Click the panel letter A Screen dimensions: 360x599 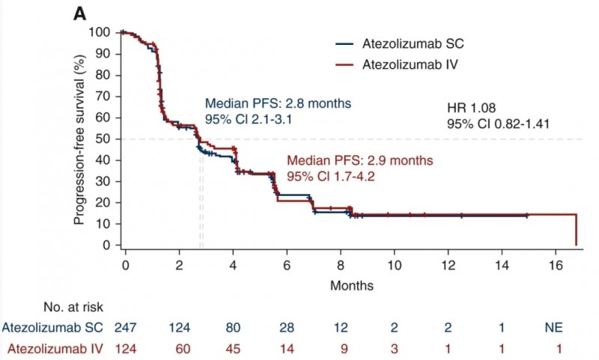click(x=80, y=14)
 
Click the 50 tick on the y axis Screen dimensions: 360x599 click(x=103, y=138)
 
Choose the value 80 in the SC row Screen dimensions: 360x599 click(x=234, y=326)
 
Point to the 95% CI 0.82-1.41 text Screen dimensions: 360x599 click(x=499, y=123)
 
